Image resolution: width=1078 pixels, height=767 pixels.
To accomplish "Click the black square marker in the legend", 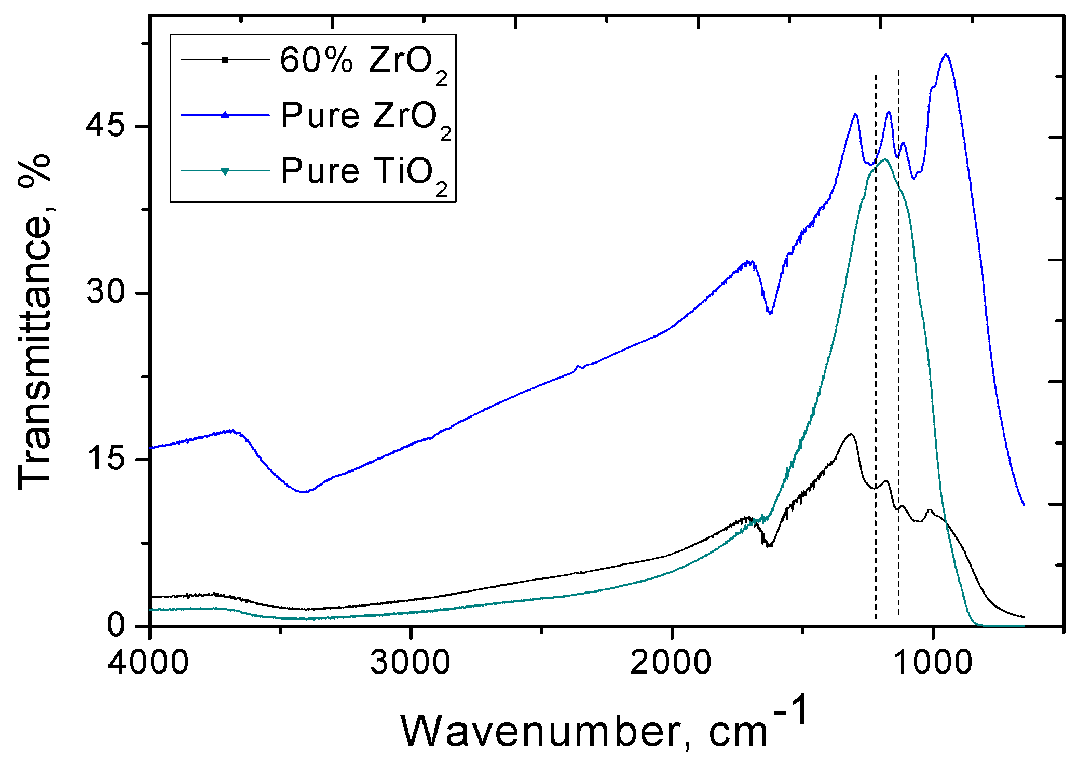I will click(225, 60).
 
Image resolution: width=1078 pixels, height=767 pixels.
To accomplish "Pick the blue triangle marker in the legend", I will click(225, 115).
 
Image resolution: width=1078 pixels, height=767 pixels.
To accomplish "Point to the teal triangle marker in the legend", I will click(225, 171).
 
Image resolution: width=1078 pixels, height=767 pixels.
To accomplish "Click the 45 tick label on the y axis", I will click(106, 126).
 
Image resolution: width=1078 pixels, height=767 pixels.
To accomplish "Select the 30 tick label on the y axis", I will click(106, 292).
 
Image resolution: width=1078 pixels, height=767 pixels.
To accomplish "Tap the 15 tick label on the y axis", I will click(106, 459).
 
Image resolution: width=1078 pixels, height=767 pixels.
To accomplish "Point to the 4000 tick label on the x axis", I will click(149, 663).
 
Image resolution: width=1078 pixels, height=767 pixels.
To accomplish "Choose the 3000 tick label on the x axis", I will click(411, 663).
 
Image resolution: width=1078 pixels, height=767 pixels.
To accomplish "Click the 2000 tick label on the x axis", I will click(672, 663).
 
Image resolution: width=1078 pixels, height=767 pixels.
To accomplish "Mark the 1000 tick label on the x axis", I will click(933, 663).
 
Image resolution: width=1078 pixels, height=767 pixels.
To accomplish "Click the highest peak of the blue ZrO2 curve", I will click(946, 55).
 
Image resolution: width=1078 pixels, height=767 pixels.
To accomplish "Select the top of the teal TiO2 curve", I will click(884, 159).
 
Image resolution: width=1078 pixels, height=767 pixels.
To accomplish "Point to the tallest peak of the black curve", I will click(850, 434).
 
